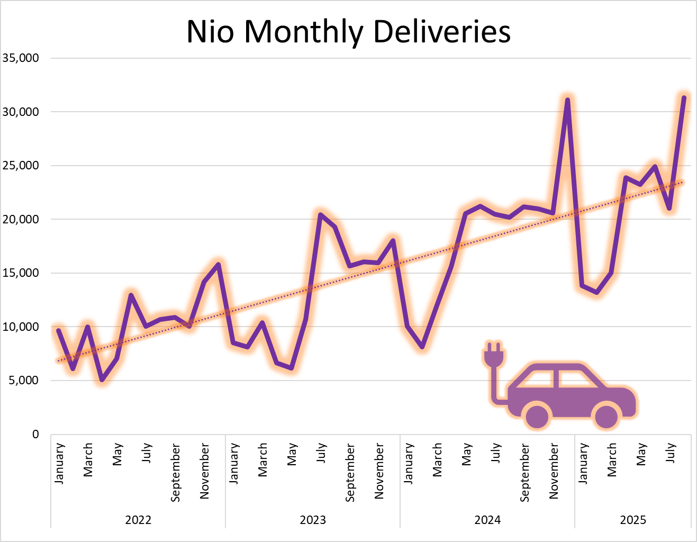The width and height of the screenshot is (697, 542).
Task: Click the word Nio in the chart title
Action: pos(211,32)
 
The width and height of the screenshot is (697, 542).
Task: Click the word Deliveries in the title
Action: pos(442,32)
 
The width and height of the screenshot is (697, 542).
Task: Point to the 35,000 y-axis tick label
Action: pos(21,58)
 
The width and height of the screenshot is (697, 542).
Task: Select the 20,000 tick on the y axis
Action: pos(21,219)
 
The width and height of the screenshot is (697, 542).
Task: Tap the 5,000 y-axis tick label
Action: pos(23,381)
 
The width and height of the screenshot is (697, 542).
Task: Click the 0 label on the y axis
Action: pos(35,435)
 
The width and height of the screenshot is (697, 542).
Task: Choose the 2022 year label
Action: pos(138,520)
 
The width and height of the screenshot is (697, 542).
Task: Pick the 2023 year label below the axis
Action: pos(313,520)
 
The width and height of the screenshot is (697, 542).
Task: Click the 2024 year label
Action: pos(487,520)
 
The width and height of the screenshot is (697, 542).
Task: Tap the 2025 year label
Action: pos(633,520)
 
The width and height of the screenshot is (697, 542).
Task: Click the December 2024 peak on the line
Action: pos(567,100)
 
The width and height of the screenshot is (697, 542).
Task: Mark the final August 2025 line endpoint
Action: pos(684,98)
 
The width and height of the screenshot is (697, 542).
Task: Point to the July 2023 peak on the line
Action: pos(320,214)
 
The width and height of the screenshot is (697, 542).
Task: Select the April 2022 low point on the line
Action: pos(102,380)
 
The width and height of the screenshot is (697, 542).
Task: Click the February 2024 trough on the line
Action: pos(422,347)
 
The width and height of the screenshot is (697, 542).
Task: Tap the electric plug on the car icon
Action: pos(493,356)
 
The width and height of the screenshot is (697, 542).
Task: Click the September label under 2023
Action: pos(350,473)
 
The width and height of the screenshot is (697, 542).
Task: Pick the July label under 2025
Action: pos(671,454)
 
